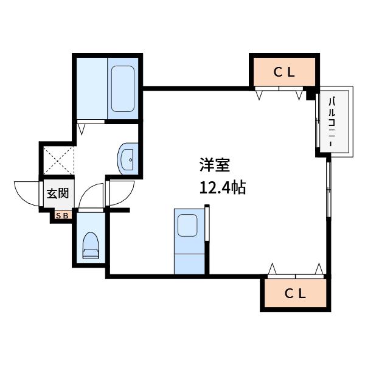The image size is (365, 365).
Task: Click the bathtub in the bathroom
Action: pyautogui.click(x=123, y=89)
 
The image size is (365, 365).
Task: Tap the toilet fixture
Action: pyautogui.click(x=91, y=245)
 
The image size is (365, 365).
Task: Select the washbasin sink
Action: pyautogui.click(x=128, y=159)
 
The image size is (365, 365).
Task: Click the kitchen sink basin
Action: pyautogui.click(x=187, y=225)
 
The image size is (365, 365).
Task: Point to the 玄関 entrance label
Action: pyautogui.click(x=58, y=193)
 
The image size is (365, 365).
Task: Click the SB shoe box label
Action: pyautogui.click(x=63, y=216)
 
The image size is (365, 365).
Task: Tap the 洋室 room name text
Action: pyautogui.click(x=215, y=165)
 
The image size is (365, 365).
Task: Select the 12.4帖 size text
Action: pyautogui.click(x=223, y=187)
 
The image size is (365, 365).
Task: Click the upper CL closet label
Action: pyautogui.click(x=284, y=72)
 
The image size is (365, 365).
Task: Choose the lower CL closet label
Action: pyautogui.click(x=295, y=294)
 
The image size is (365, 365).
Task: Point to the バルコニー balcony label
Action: pyautogui.click(x=332, y=122)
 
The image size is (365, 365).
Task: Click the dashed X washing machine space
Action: pyautogui.click(x=59, y=160)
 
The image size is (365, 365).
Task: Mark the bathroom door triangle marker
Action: pyautogui.click(x=82, y=129)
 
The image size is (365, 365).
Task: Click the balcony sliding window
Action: pyautogui.click(x=318, y=120)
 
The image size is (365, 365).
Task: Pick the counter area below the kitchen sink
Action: pyautogui.click(x=189, y=264)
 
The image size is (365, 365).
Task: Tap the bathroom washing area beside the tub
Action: pyautogui.click(x=92, y=88)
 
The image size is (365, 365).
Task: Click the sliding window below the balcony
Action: pyautogui.click(x=328, y=190)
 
